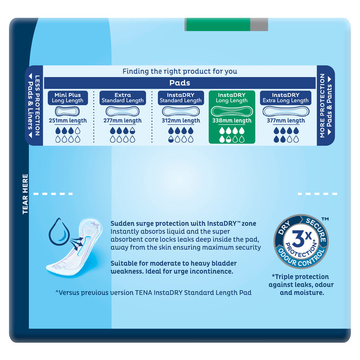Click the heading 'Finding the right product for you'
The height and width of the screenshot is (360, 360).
pos(180,71)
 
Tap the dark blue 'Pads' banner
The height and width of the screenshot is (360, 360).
pos(180,83)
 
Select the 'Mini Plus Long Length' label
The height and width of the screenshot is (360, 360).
pos(67,98)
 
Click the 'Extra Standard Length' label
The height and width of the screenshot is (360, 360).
pos(122,98)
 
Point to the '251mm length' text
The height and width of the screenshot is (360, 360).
pos(67,121)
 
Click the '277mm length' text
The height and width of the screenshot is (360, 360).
pos(122,121)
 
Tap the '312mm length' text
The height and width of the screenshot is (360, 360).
pos(180,121)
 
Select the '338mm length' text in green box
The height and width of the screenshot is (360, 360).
pos(232,121)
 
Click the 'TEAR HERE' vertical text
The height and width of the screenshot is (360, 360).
pos(25,194)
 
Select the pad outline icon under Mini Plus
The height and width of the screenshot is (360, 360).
pos(67,111)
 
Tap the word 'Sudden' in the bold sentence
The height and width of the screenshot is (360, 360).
pos(121,223)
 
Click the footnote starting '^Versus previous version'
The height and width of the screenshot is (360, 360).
pos(153,292)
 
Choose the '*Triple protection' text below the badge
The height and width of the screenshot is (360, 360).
pos(300,277)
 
